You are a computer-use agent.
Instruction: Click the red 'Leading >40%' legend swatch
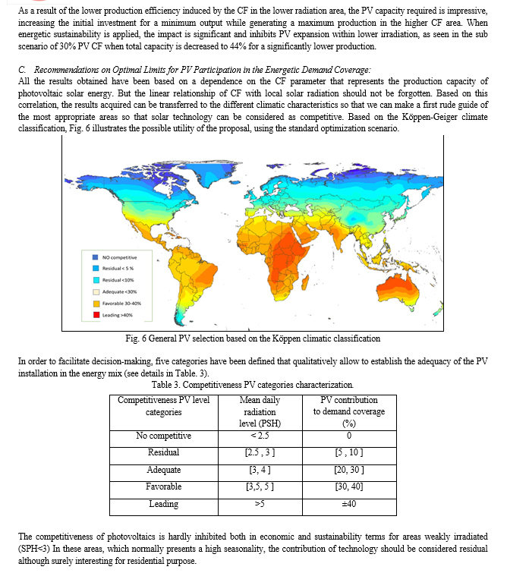pos(96,315)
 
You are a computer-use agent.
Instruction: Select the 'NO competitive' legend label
pos(118,257)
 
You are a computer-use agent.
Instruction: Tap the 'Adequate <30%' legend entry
pos(118,291)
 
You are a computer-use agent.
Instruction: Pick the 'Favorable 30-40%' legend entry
pos(121,304)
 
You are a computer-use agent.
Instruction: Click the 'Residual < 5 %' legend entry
pos(118,269)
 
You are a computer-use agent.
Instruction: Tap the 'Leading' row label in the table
pos(163,504)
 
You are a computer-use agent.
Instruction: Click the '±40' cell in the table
pos(349,504)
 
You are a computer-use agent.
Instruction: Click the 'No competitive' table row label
pos(163,436)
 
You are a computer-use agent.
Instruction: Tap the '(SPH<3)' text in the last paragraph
pos(36,546)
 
